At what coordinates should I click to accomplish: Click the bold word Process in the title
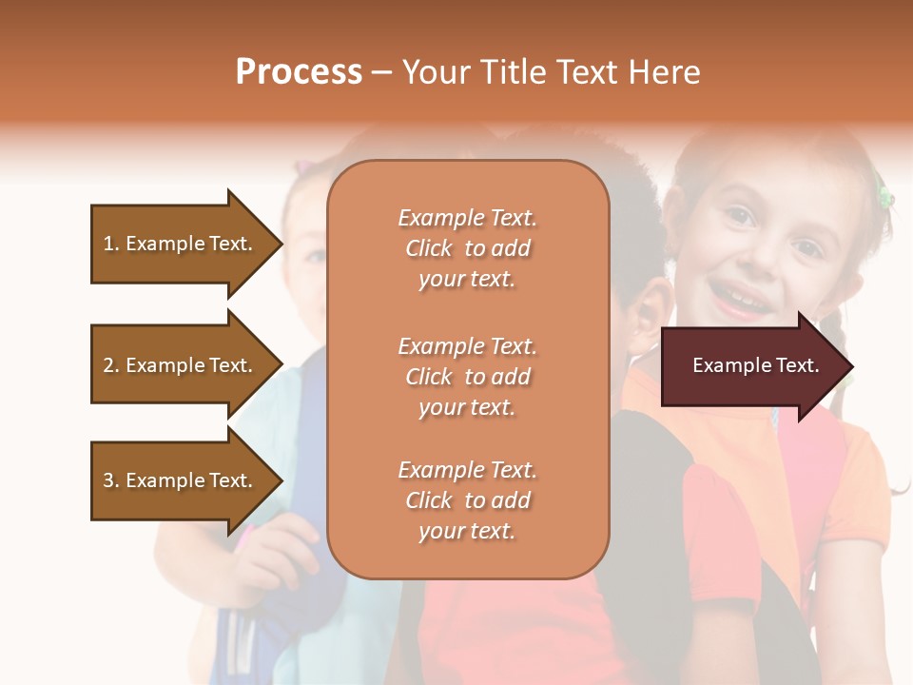click(x=299, y=72)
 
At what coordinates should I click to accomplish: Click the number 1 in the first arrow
click(x=108, y=244)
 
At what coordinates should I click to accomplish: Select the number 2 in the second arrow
click(x=108, y=365)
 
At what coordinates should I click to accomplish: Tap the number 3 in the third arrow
click(x=108, y=480)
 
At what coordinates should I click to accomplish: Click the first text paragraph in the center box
click(x=467, y=248)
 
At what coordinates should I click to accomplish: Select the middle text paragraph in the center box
click(x=467, y=377)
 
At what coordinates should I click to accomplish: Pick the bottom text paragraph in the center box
click(x=467, y=500)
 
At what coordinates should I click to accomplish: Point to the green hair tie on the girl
click(x=885, y=198)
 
